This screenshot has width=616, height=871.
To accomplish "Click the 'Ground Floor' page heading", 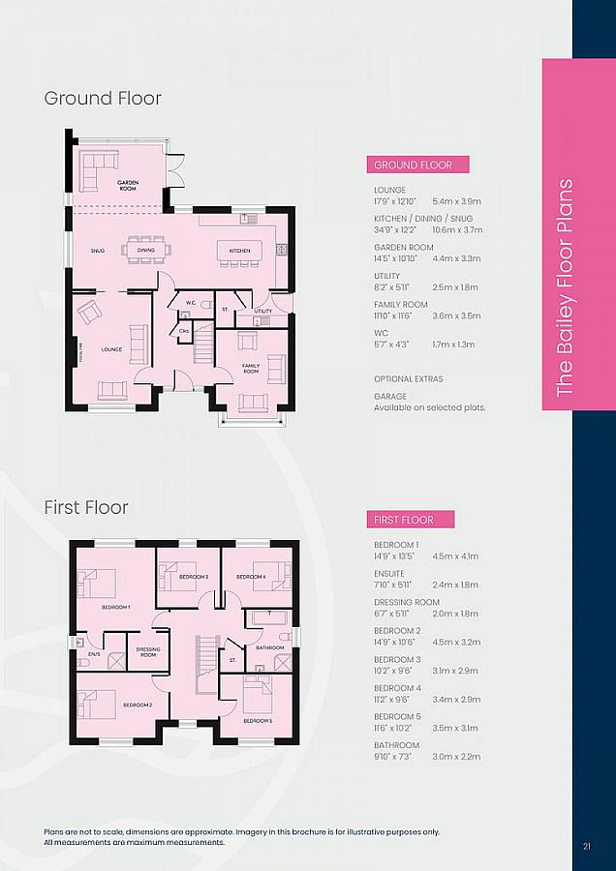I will (103, 98).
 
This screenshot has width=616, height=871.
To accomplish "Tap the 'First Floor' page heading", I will (86, 507).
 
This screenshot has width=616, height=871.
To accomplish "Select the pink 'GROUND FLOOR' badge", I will (416, 165).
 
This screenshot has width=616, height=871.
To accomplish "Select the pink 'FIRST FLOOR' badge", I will (410, 521).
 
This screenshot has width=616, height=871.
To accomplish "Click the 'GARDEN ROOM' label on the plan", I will (128, 184).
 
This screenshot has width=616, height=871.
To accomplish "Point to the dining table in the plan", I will (145, 250).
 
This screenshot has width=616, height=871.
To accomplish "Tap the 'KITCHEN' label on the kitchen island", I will (239, 251).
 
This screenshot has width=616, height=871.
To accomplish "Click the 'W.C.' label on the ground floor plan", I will (191, 303).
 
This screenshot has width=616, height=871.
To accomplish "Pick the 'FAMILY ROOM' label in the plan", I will (250, 369).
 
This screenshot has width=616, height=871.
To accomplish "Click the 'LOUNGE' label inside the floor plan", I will (110, 348).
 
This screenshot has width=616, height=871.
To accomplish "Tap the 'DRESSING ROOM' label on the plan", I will (148, 652).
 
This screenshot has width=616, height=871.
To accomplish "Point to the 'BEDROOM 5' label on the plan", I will (258, 721).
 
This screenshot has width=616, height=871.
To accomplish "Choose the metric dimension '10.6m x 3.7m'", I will (457, 230).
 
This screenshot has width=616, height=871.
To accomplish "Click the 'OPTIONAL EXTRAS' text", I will (408, 379).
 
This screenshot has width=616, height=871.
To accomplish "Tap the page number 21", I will (587, 847).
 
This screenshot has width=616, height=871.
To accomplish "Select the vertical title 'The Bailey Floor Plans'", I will (567, 285).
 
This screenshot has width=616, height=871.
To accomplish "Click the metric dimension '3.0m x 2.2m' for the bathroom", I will (455, 757).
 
